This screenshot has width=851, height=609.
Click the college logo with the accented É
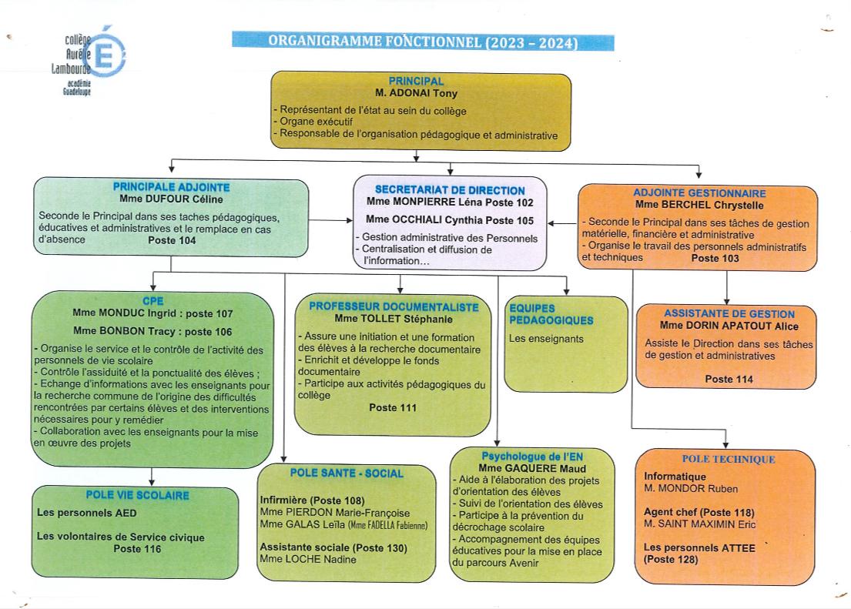click(x=94, y=59)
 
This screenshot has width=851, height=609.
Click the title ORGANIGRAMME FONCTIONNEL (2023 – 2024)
click(x=423, y=42)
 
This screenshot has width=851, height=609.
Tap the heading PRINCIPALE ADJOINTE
click(x=171, y=186)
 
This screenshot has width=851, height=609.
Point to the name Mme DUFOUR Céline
click(x=171, y=198)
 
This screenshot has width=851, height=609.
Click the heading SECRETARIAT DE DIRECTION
click(x=450, y=189)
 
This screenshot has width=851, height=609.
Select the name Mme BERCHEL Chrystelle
click(x=699, y=206)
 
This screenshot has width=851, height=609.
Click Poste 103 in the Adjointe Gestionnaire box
click(x=715, y=259)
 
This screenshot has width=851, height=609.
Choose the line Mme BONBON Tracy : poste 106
click(x=152, y=332)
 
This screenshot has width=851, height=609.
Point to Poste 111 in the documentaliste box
click(x=393, y=408)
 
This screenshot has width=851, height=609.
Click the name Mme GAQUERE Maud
click(x=532, y=468)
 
